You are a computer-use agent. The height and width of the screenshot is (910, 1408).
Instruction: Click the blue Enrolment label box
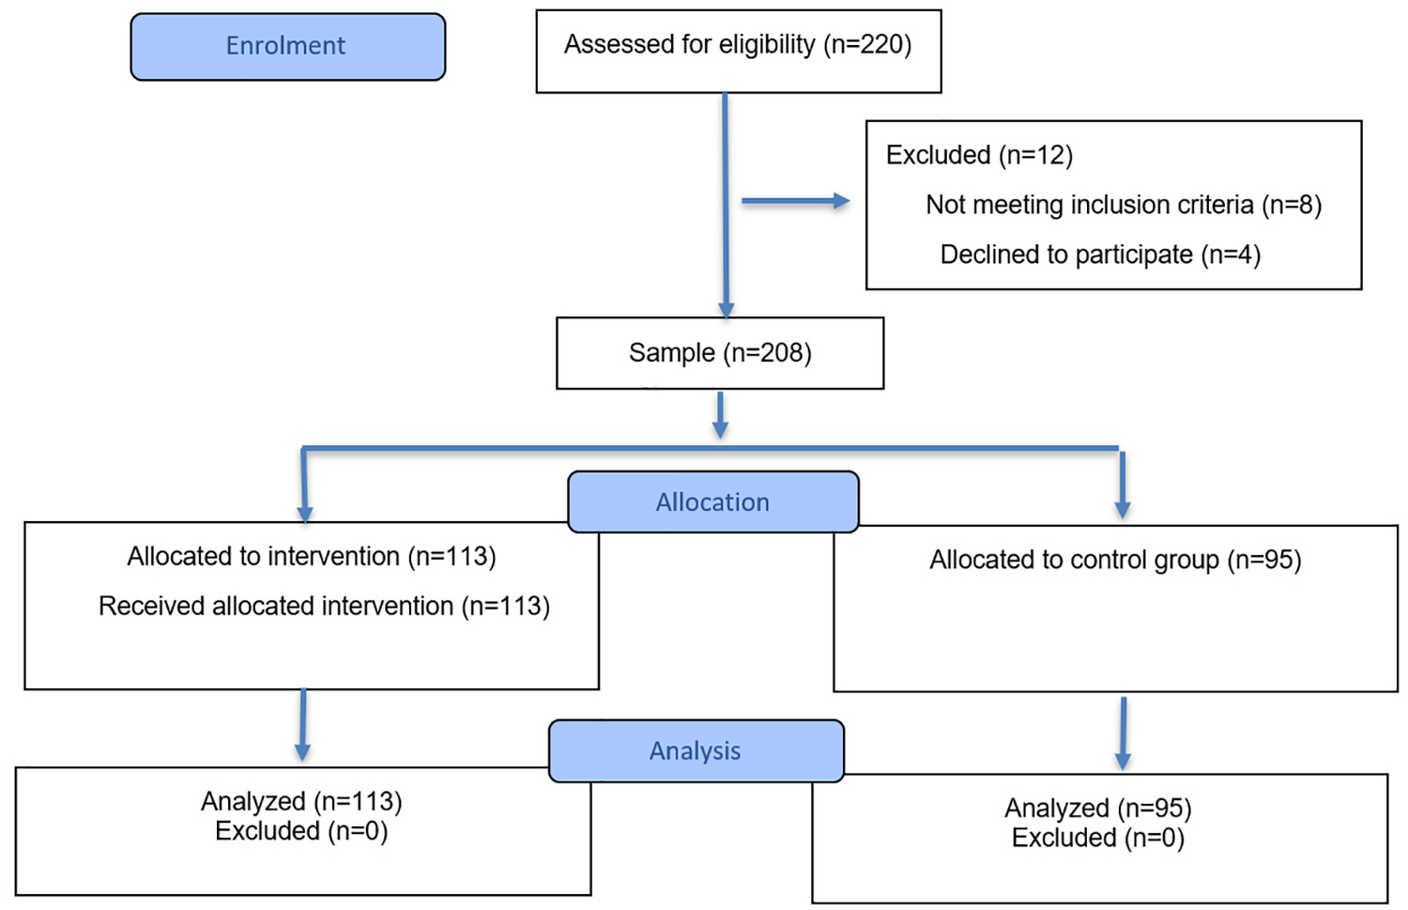tap(288, 47)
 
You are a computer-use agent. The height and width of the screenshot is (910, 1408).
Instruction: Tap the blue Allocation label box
tap(712, 501)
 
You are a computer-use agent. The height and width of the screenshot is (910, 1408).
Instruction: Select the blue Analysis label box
tap(696, 751)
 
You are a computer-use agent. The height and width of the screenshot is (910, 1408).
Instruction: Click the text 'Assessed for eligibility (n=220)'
tap(738, 45)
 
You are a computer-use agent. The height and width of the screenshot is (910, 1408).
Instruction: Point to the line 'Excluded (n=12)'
tap(979, 155)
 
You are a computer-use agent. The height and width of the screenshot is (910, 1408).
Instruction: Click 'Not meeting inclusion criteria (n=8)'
tap(1124, 205)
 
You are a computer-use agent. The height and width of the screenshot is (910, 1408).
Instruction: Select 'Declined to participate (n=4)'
tap(1101, 254)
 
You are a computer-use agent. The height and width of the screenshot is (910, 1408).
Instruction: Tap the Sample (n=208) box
tap(720, 353)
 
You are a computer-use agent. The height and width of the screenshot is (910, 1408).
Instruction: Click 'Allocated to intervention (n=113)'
tap(312, 557)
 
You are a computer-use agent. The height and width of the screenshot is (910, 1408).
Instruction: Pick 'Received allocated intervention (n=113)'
tap(325, 607)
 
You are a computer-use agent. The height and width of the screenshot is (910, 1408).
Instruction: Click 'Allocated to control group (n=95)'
tap(1116, 560)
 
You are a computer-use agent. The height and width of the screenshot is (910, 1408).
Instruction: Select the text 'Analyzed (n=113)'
tap(301, 801)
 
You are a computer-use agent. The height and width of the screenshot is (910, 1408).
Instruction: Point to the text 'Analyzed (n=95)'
tap(1098, 809)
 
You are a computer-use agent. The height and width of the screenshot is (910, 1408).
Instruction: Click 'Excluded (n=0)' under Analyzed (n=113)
tap(301, 831)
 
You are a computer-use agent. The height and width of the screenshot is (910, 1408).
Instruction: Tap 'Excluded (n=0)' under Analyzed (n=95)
tap(1098, 839)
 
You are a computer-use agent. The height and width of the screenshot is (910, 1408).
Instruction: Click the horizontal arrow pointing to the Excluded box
tap(796, 201)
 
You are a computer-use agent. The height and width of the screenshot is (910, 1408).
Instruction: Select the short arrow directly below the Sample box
tap(720, 415)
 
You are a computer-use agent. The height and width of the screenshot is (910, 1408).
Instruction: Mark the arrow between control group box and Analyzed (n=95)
tap(1124, 733)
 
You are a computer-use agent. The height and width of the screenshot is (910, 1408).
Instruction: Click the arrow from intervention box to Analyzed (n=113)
tap(303, 725)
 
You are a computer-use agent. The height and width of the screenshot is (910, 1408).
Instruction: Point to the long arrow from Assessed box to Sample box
tap(726, 207)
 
